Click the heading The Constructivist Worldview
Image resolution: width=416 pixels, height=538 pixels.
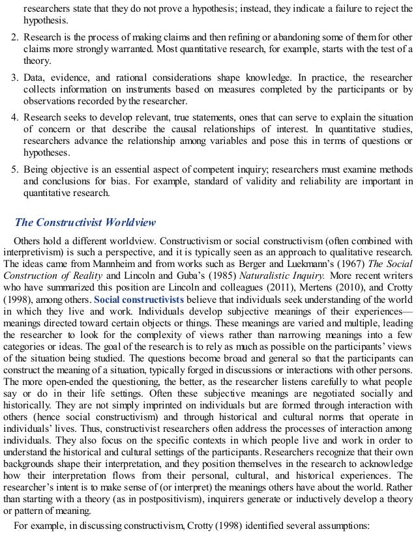[x=85, y=222]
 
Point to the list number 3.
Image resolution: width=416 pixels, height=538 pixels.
[x=15, y=77]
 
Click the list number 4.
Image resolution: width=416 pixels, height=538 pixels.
[x=15, y=117]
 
